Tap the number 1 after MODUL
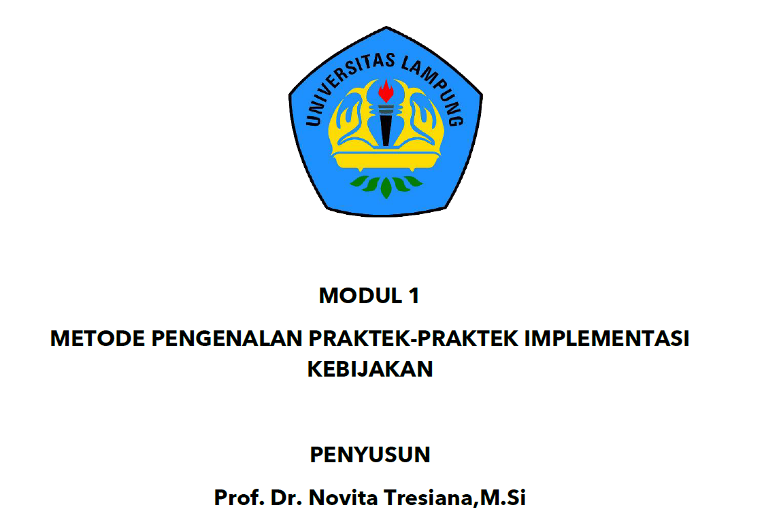click(414, 296)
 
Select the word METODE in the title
click(97, 339)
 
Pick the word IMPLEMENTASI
click(607, 339)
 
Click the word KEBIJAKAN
click(370, 369)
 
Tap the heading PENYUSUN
click(370, 455)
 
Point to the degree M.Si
click(503, 498)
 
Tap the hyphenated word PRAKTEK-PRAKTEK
click(414, 339)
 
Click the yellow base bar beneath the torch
click(386, 158)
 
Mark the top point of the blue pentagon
click(386, 27)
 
